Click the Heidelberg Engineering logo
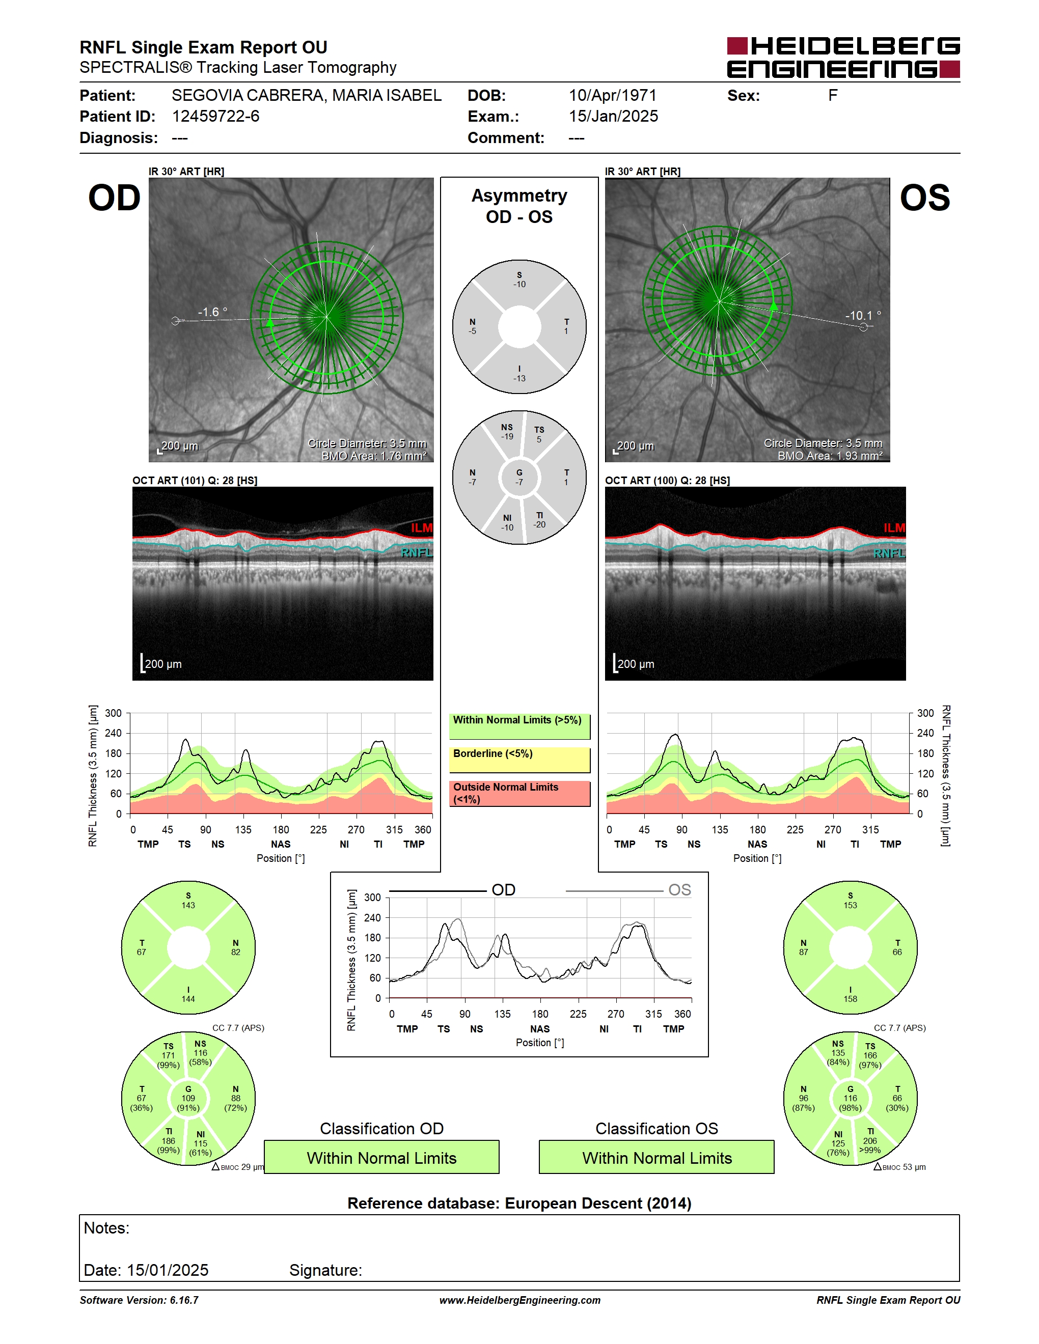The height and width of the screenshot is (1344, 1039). pyautogui.click(x=843, y=58)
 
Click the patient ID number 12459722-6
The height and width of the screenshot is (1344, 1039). pyautogui.click(x=215, y=116)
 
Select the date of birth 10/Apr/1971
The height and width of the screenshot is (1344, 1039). pyautogui.click(x=612, y=95)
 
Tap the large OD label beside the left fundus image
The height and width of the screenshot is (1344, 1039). pyautogui.click(x=115, y=198)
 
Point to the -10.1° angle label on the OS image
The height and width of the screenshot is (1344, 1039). pyautogui.click(x=862, y=316)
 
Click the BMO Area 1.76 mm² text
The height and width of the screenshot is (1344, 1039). pyautogui.click(x=374, y=456)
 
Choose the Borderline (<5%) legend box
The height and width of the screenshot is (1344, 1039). pyautogui.click(x=519, y=760)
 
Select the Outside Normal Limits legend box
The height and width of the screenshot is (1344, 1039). pyautogui.click(x=519, y=793)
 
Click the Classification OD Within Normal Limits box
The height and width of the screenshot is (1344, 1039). pyautogui.click(x=381, y=1158)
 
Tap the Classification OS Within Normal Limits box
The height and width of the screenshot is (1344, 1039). pyautogui.click(x=657, y=1158)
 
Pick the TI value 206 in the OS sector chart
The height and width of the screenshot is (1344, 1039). pyautogui.click(x=870, y=1141)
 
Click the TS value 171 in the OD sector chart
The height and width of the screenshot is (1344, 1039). pyautogui.click(x=168, y=1055)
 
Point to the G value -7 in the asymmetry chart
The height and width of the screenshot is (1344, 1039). pyautogui.click(x=519, y=482)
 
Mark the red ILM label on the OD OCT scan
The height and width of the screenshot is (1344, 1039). pyautogui.click(x=422, y=528)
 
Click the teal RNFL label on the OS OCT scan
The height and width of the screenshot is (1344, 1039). pyautogui.click(x=889, y=553)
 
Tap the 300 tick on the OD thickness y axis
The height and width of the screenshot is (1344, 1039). pyautogui.click(x=113, y=713)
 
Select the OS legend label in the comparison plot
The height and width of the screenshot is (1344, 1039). pyautogui.click(x=679, y=890)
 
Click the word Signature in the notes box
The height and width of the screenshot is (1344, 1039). pyautogui.click(x=325, y=1270)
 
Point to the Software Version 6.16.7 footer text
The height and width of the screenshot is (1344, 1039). pyautogui.click(x=139, y=1300)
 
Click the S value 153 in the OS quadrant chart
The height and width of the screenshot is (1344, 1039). pyautogui.click(x=850, y=905)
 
